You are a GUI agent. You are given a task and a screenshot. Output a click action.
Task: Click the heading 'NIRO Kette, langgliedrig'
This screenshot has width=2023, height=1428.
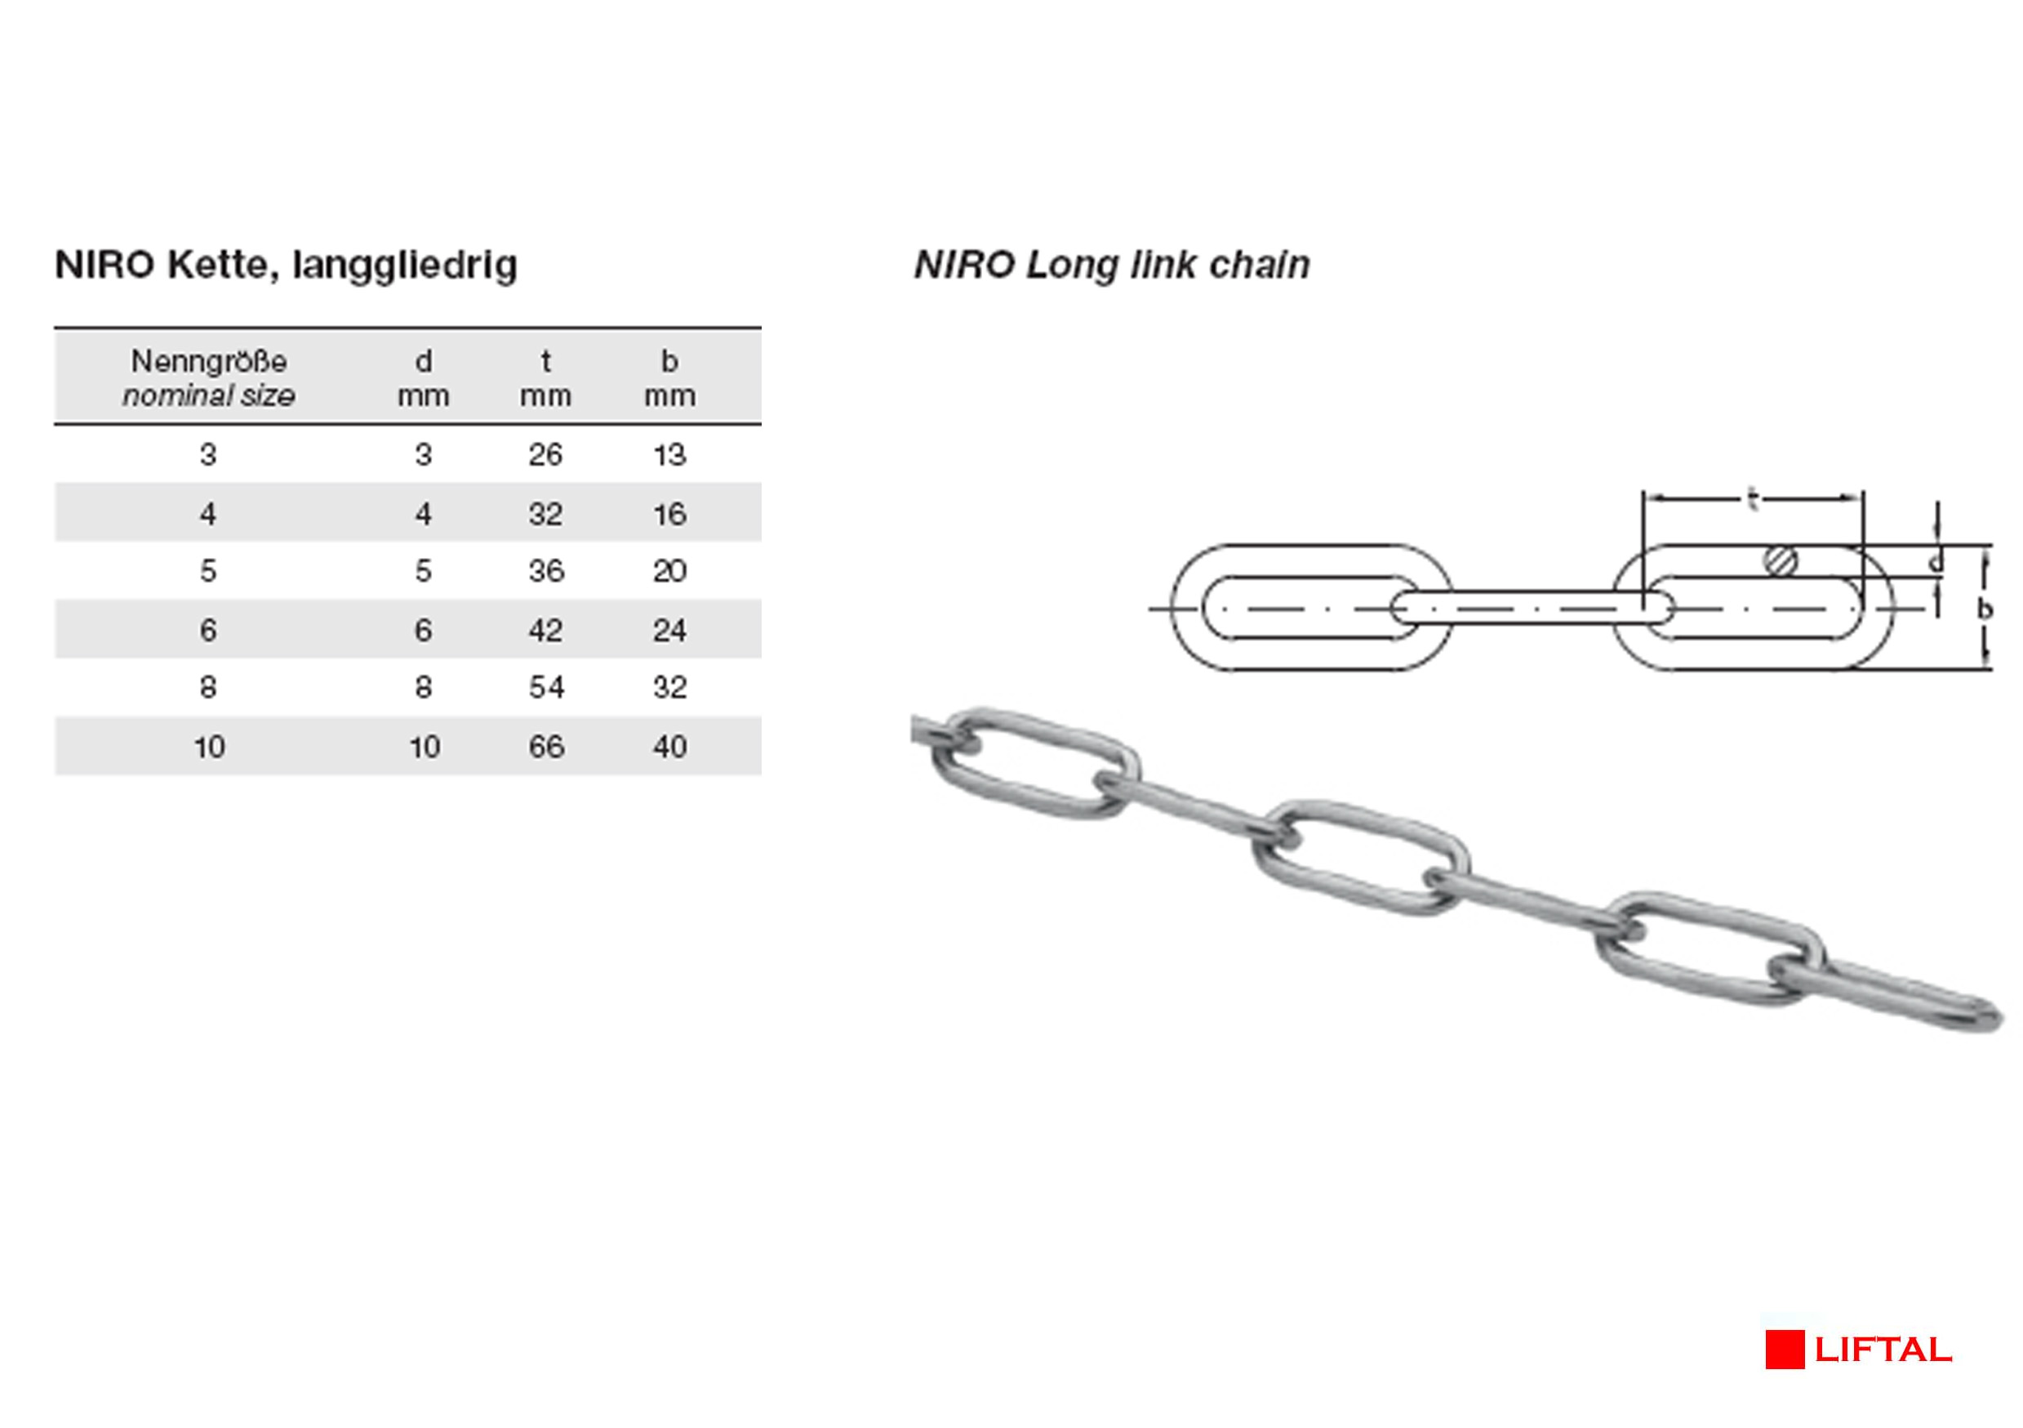(x=287, y=266)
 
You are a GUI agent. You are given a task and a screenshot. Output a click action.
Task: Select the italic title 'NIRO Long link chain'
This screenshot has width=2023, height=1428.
(x=1112, y=266)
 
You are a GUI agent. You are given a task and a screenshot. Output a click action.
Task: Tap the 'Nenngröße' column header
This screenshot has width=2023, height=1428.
(x=209, y=378)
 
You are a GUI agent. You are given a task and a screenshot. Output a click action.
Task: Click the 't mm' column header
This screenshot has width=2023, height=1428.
(x=545, y=378)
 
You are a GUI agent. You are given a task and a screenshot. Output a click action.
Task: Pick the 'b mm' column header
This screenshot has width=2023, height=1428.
(x=669, y=378)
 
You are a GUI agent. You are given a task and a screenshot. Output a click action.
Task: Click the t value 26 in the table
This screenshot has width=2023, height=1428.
(x=545, y=455)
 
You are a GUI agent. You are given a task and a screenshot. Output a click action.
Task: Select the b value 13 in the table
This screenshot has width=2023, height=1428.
(x=669, y=455)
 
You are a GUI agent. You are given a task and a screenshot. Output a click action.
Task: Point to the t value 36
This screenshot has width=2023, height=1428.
(x=546, y=571)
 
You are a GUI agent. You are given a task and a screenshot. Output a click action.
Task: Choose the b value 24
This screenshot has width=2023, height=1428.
(x=669, y=630)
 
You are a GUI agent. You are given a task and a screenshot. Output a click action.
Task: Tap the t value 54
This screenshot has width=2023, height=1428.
(x=546, y=688)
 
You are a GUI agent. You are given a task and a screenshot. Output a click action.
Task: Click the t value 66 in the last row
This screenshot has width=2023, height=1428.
(x=546, y=747)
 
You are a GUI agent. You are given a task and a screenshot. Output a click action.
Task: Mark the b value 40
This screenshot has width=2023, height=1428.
(x=669, y=747)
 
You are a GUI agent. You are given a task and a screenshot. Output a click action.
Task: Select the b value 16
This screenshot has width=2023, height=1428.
(x=669, y=514)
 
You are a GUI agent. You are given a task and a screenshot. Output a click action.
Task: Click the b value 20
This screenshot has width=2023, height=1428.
(x=669, y=571)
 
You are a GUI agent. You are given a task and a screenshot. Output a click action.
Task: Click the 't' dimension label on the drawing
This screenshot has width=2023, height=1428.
(x=1753, y=500)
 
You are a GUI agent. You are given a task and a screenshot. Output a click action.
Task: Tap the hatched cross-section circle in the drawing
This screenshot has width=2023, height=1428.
(x=1781, y=560)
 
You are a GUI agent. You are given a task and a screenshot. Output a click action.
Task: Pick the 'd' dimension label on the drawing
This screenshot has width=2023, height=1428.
(x=1936, y=561)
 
